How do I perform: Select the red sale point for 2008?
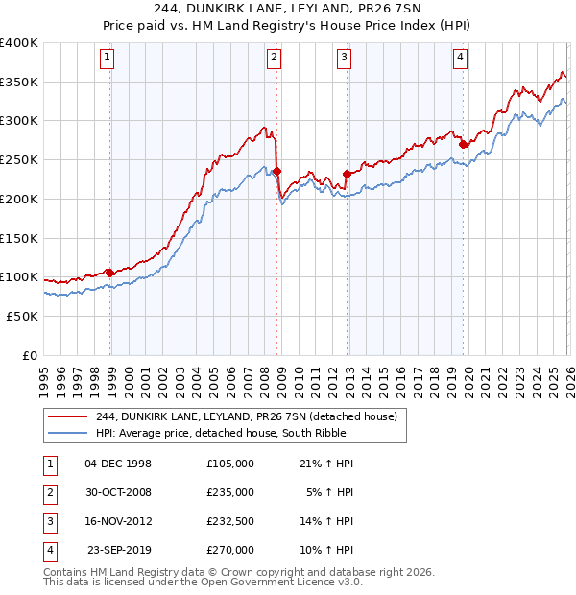pos(276,172)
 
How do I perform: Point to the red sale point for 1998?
pos(109,273)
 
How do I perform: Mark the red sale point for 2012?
pos(347,174)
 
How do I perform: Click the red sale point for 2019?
pos(463,144)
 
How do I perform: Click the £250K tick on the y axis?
pos(18,159)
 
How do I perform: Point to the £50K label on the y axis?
pos(22,316)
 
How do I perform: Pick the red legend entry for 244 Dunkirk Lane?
pos(239,416)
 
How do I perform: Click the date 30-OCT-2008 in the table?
pos(118,492)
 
